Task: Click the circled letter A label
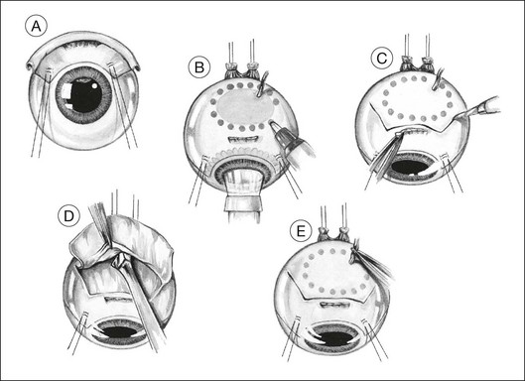(x=36, y=26)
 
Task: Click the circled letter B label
(x=198, y=67)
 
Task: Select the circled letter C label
(x=382, y=58)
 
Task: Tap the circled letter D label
(x=68, y=216)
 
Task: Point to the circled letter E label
(x=301, y=231)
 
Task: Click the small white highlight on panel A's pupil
(x=94, y=85)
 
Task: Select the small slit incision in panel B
(x=243, y=138)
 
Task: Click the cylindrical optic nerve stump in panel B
(x=243, y=197)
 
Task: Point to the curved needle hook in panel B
(x=262, y=83)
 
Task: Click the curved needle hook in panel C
(x=439, y=79)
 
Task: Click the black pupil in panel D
(x=120, y=332)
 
